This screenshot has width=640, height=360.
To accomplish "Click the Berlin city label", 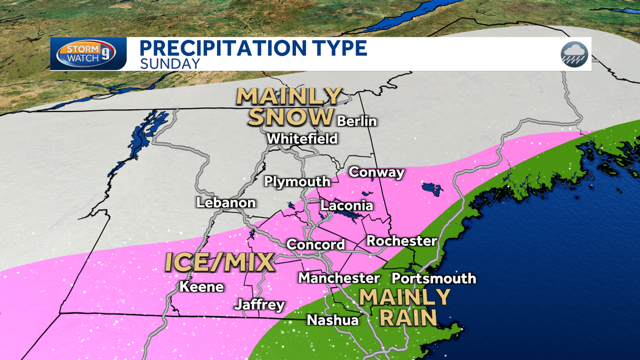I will point(357,121).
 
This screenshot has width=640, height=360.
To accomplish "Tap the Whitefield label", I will point(302,139).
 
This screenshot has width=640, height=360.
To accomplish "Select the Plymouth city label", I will point(298,182).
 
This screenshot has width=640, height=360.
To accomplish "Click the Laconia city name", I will point(347,205).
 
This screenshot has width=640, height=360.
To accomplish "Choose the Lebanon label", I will point(226,203).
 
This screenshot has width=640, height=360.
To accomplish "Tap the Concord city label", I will point(316,245).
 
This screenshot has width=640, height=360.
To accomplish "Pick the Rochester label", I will point(402,241).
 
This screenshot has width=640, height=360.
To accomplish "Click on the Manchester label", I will point(339,278).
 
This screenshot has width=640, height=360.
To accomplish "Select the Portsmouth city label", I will point(434,278).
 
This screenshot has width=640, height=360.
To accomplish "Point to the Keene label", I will point(201,286).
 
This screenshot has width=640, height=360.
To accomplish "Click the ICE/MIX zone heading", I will point(219,262).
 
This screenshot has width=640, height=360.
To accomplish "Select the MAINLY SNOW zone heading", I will point(289,107).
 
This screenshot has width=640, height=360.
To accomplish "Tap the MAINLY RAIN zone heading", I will point(405,307).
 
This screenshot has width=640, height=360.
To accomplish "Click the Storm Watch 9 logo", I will point(88,54).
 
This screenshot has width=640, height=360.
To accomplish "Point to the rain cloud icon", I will point(574,54).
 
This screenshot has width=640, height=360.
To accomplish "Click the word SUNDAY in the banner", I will point(170,63).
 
